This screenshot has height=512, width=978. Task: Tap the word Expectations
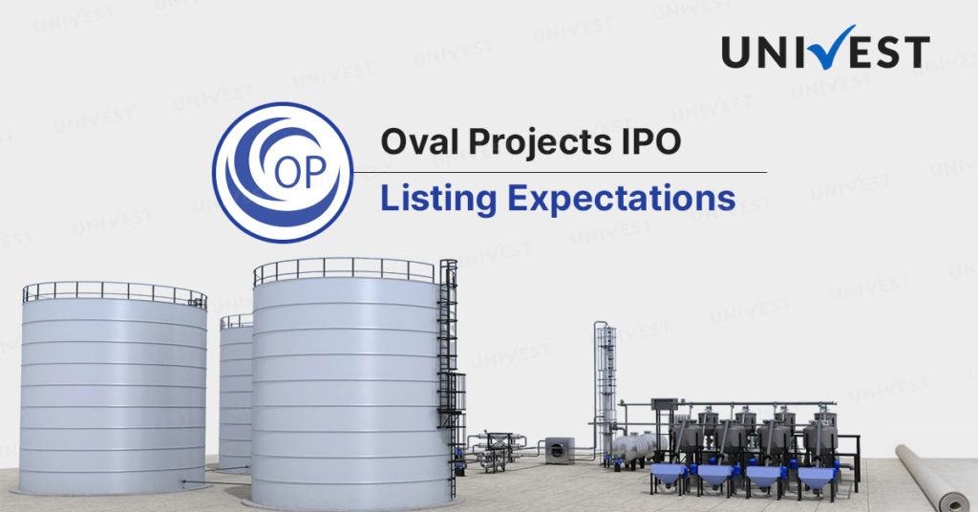(x=622, y=200)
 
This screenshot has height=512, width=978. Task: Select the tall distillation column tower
(x=605, y=393)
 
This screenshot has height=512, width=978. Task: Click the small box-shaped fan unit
(x=560, y=450)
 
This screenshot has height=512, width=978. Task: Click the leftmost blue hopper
(x=669, y=478)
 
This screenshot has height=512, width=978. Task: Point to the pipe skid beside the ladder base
(x=496, y=450)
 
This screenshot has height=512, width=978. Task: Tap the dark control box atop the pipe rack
(x=664, y=405)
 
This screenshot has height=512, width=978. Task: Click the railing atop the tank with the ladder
(x=344, y=270)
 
